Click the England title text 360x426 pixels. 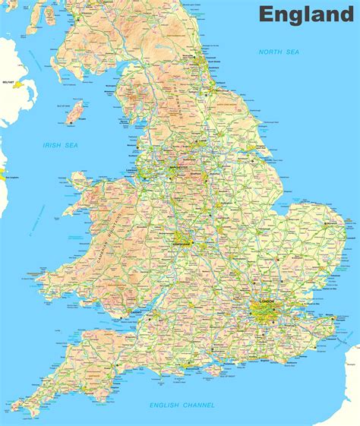pos(306,14)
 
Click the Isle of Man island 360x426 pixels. pos(75,114)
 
